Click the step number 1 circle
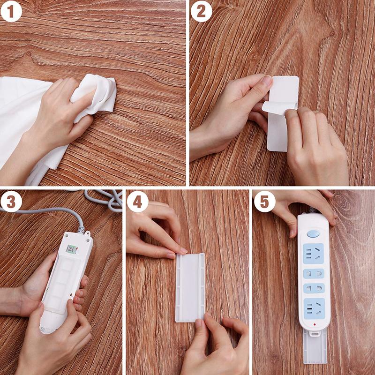pyautogui.click(x=11, y=12)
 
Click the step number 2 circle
pyautogui.click(x=201, y=12)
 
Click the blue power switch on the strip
pyautogui.click(x=314, y=233)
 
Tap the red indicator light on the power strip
pyautogui.click(x=314, y=323)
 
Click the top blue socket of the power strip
pyautogui.click(x=314, y=254)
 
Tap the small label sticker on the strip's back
pyautogui.click(x=71, y=248)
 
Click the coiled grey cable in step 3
pyautogui.click(x=108, y=199)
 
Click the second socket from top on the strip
pyautogui.click(x=314, y=273)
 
